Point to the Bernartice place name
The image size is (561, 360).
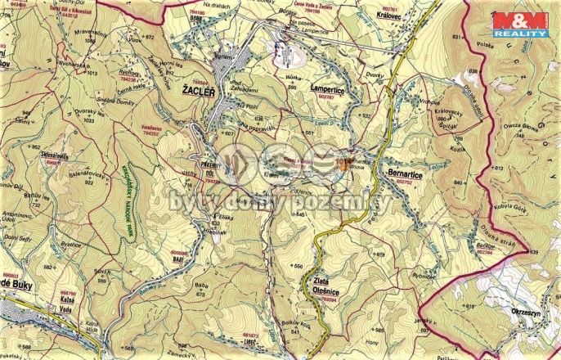point(406,174)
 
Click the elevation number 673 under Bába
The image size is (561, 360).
point(199,293)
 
